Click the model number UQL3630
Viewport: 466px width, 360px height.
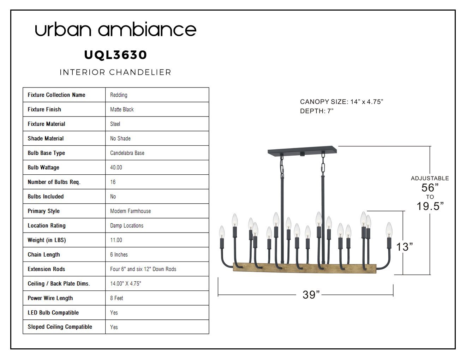click(115, 55)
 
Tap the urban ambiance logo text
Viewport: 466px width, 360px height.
click(115, 29)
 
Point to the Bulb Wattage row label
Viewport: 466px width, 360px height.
click(43, 167)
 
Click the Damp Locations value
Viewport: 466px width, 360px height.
click(126, 226)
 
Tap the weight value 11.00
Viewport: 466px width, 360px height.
click(116, 240)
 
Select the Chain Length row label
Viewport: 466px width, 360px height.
click(44, 254)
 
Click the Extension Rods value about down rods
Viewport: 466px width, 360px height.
click(143, 269)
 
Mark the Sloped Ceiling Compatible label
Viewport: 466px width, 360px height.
click(60, 327)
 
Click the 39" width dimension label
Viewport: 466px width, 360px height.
click(311, 295)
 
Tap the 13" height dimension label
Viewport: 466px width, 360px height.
click(404, 247)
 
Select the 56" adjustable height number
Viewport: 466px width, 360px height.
click(430, 188)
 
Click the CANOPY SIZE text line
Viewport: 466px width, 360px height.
click(341, 102)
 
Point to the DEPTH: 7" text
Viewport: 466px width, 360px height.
click(317, 111)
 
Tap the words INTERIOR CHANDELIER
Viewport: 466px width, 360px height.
click(115, 72)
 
